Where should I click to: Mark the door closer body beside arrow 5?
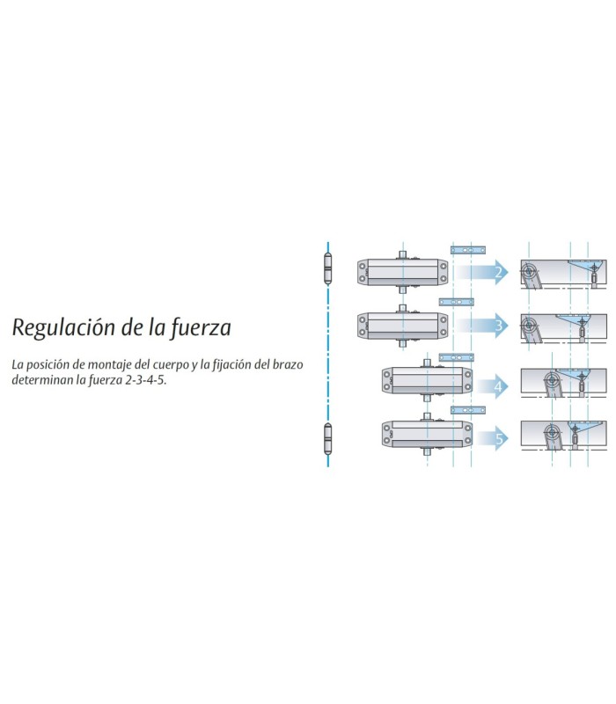click(x=428, y=435)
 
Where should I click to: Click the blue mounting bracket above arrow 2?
click(x=468, y=250)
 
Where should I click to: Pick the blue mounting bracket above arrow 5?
click(x=468, y=410)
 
